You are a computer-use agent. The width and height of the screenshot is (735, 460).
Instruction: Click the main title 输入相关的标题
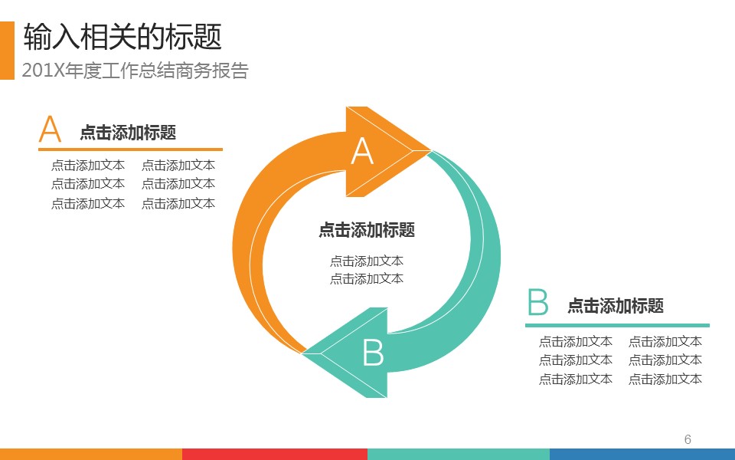122,37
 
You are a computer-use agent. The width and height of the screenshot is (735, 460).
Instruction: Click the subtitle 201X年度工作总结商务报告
135,71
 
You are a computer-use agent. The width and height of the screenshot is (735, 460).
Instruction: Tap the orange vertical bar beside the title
7,51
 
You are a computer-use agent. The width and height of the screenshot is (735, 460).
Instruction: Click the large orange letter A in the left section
50,129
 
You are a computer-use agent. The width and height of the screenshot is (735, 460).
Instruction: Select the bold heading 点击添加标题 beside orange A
128,133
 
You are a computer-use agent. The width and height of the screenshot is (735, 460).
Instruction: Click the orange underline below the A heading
130,149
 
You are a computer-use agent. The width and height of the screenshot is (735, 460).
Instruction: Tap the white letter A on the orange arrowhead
362,151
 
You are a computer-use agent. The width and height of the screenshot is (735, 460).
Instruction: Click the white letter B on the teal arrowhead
373,352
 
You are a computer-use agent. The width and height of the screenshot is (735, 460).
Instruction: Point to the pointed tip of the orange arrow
430,151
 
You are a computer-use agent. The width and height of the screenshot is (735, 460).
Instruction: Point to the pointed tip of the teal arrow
303,353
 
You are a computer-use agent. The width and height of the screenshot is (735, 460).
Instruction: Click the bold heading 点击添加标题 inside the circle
367,230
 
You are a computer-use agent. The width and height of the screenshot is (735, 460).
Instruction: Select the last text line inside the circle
367,279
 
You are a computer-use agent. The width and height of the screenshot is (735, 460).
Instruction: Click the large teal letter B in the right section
537,302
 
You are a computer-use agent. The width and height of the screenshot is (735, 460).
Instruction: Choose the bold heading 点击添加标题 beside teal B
616,306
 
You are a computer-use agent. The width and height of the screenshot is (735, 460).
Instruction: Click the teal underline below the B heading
617,325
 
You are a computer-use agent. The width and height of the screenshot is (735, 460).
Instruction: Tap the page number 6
688,439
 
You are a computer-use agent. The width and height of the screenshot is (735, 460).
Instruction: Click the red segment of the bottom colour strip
275,454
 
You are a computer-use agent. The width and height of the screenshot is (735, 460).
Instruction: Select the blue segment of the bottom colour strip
642,454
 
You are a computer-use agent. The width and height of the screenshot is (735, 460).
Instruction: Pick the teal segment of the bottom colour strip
459,454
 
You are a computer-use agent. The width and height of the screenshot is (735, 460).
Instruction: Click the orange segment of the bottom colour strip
91,454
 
